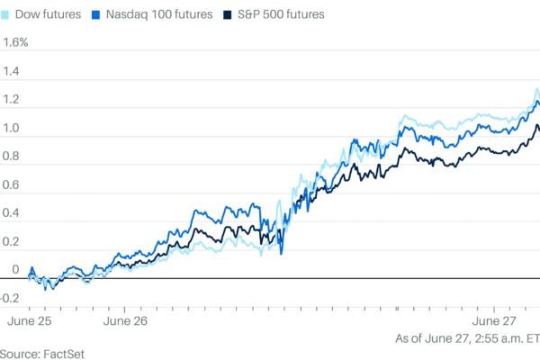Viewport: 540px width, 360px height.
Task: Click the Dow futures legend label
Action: (50, 15)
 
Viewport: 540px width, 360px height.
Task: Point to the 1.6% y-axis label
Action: (16, 42)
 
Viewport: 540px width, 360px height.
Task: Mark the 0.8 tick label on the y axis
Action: (12, 155)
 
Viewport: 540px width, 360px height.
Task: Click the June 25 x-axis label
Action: (30, 319)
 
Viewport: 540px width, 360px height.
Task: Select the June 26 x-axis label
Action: (126, 319)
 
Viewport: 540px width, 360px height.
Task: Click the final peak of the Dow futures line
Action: (536, 89)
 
